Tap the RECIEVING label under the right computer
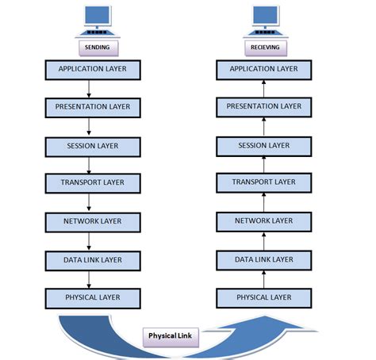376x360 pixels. tap(264, 47)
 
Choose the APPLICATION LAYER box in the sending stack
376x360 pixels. tap(92, 69)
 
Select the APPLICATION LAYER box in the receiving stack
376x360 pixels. tap(264, 69)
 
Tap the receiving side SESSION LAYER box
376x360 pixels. tap(264, 145)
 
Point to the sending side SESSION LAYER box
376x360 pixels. tap(92, 145)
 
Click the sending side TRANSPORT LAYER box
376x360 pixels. tap(92, 183)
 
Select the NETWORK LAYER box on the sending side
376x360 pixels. tap(92, 221)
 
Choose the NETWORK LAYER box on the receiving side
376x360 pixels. tap(264, 221)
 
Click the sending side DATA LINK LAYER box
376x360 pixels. tap(92, 259)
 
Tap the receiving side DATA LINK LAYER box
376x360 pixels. tap(264, 259)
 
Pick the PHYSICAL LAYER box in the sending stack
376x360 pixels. tap(92, 297)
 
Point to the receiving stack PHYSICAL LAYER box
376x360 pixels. tap(264, 297)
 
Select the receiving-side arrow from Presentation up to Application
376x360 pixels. tap(264, 88)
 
